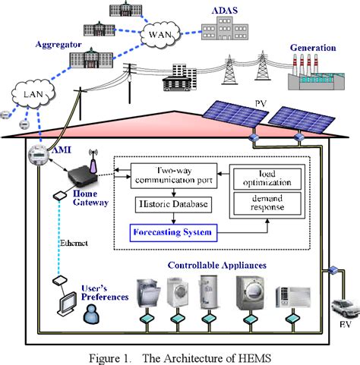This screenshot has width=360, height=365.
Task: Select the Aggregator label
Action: point(58,46)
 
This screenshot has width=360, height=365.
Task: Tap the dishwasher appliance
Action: point(149,294)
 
